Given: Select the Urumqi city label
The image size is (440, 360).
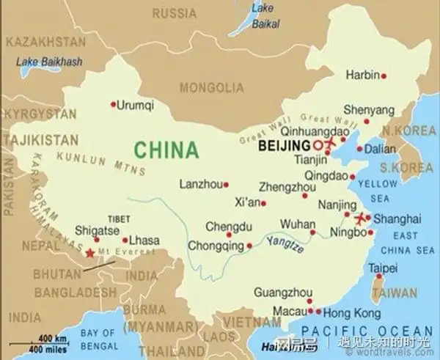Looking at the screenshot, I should [x=136, y=105].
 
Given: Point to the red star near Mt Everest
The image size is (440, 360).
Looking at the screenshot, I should [x=89, y=253].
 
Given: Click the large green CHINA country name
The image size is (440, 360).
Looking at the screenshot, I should [x=166, y=150].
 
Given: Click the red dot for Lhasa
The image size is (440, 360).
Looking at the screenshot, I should [x=125, y=240].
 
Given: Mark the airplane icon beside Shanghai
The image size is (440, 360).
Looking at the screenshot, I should [x=360, y=218].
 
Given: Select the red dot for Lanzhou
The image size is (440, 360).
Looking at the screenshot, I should [x=226, y=185].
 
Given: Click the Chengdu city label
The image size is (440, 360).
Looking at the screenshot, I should [x=229, y=226].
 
